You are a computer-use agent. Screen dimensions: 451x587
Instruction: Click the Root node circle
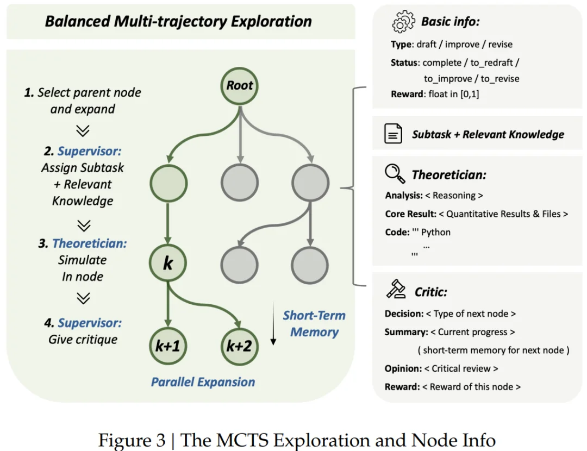[240, 85]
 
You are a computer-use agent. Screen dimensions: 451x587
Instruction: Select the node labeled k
[168, 264]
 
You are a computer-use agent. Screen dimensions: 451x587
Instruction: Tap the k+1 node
[168, 346]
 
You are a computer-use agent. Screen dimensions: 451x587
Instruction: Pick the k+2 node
[240, 346]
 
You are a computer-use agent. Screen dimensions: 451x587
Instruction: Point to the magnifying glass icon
[395, 174]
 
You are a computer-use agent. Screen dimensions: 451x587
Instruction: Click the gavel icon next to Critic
[396, 290]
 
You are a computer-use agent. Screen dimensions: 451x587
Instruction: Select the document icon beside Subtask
[394, 134]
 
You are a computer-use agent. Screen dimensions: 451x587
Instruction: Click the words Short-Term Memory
[314, 324]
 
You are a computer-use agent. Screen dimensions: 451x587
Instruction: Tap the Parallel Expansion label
[203, 382]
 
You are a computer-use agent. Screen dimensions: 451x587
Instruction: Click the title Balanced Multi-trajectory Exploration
[178, 22]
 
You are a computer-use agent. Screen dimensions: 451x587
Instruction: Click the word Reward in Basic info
[406, 94]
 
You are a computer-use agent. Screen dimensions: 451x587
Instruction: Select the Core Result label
[410, 214]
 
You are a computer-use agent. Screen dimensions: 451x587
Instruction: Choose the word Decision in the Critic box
[404, 314]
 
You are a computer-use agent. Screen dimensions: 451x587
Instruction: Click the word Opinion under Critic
[403, 368]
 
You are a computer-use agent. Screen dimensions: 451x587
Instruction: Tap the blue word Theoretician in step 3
[90, 243]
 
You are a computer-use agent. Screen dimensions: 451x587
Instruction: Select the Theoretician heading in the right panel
[448, 174]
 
